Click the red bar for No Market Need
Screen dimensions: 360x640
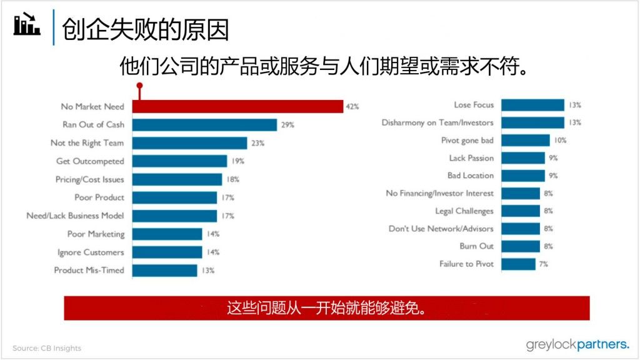[x=237, y=107]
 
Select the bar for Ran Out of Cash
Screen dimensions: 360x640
[x=204, y=125]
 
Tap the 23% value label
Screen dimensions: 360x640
[x=257, y=143]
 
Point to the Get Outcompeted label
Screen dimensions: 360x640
[x=90, y=161]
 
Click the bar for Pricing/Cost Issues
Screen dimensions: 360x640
[x=177, y=179]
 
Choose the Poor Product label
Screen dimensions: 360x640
[x=99, y=197]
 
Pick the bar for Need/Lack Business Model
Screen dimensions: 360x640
[x=174, y=216]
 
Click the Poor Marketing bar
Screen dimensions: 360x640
[x=167, y=234]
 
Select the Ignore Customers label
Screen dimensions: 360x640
[x=91, y=252]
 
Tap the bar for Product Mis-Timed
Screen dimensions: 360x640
[x=164, y=270]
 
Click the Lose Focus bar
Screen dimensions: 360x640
[x=532, y=105]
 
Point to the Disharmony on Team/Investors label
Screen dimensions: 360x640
[x=437, y=122]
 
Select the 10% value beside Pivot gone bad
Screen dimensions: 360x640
[x=560, y=141]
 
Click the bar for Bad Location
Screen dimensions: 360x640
[x=523, y=176]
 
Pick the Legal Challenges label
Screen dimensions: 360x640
[x=464, y=211]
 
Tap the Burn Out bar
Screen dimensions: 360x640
[x=521, y=246]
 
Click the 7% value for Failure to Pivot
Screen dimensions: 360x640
[x=544, y=264]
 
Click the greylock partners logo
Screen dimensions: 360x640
[x=577, y=344]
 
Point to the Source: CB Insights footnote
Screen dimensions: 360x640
[x=47, y=348]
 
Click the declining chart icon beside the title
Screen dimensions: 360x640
[x=27, y=25]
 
